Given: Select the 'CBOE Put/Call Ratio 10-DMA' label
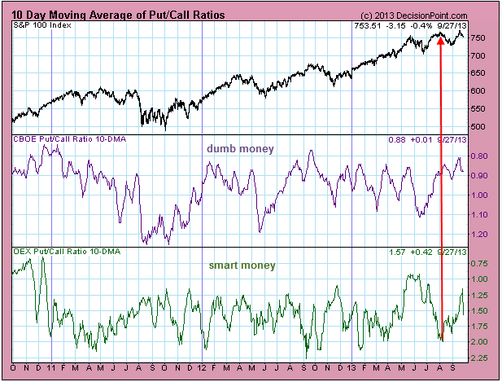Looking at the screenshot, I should tap(65, 139).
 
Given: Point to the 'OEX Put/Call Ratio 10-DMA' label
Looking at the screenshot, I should tap(64, 252).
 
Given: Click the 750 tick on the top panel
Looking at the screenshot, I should tap(480, 38).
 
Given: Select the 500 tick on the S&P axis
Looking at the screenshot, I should tap(480, 127).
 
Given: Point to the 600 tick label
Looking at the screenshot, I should tap(480, 91).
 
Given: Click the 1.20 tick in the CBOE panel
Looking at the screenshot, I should tap(480, 234).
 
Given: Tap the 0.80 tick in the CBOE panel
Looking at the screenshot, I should tap(480, 156).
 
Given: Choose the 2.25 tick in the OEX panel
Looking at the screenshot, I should tap(480, 357).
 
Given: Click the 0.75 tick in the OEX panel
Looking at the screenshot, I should tap(480, 263).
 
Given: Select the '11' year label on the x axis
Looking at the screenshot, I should tap(52, 368).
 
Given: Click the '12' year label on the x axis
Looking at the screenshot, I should tap(202, 368).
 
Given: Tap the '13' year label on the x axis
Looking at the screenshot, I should tap(351, 368).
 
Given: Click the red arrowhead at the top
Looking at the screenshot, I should tap(440, 37).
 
